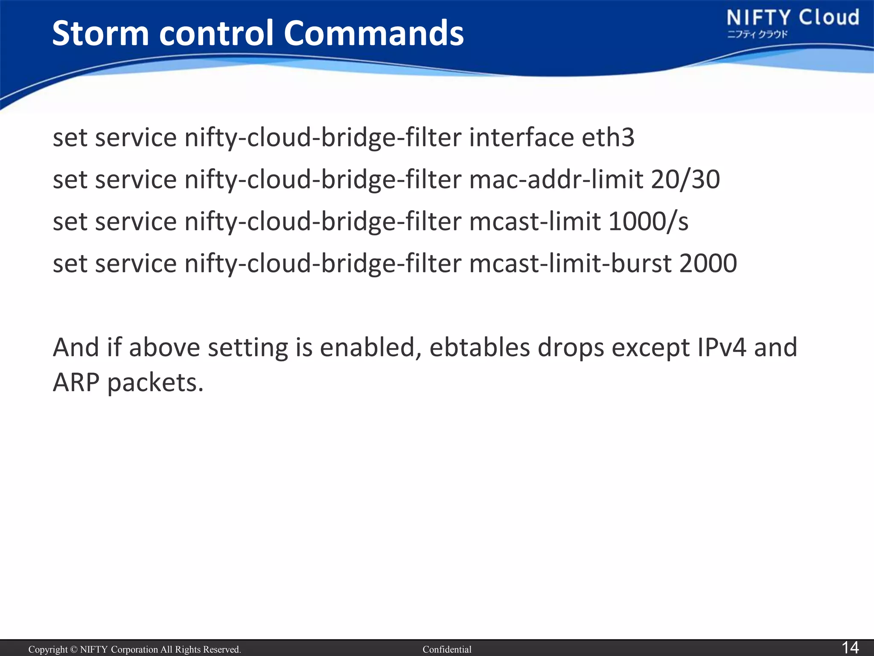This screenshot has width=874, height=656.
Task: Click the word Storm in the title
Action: tap(101, 33)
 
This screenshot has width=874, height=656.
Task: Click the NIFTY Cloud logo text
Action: tap(792, 18)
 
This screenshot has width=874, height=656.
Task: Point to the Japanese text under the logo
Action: tap(757, 35)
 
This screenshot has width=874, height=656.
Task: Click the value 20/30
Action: tap(685, 179)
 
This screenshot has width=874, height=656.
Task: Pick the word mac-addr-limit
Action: tap(556, 179)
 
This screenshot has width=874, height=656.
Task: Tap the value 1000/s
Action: tap(648, 221)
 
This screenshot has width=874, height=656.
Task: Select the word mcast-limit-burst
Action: tap(570, 263)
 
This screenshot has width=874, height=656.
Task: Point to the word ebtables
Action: tap(479, 347)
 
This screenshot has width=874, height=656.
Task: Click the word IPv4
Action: tap(722, 347)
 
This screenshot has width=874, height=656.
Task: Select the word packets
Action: tap(155, 383)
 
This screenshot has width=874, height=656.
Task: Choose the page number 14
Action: tap(850, 647)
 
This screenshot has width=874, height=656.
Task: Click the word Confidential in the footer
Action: tap(447, 650)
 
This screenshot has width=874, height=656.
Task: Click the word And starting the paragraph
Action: tap(76, 347)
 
